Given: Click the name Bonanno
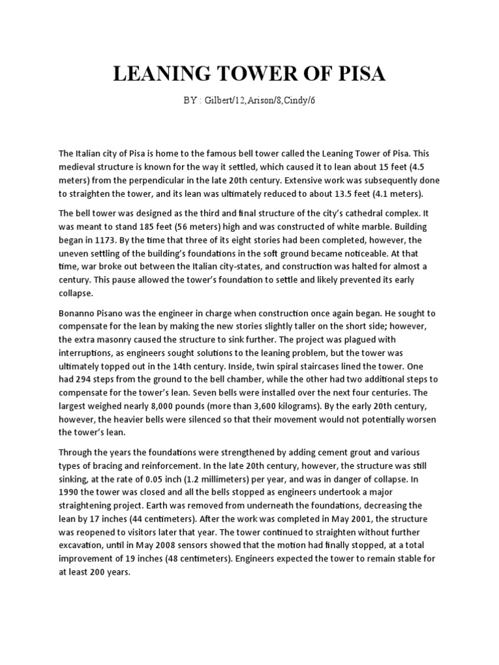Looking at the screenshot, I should [80, 312].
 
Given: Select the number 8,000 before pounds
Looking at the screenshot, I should [182, 405].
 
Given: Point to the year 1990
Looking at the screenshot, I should [70, 492].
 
